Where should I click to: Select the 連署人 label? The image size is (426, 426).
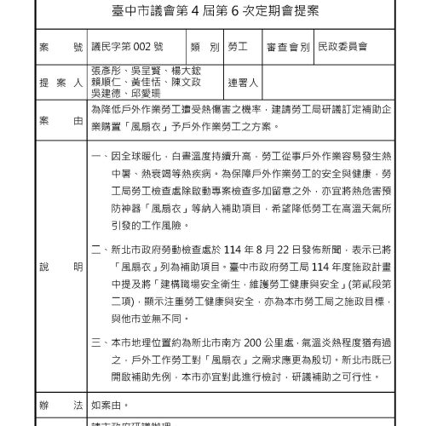click(243, 83)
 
